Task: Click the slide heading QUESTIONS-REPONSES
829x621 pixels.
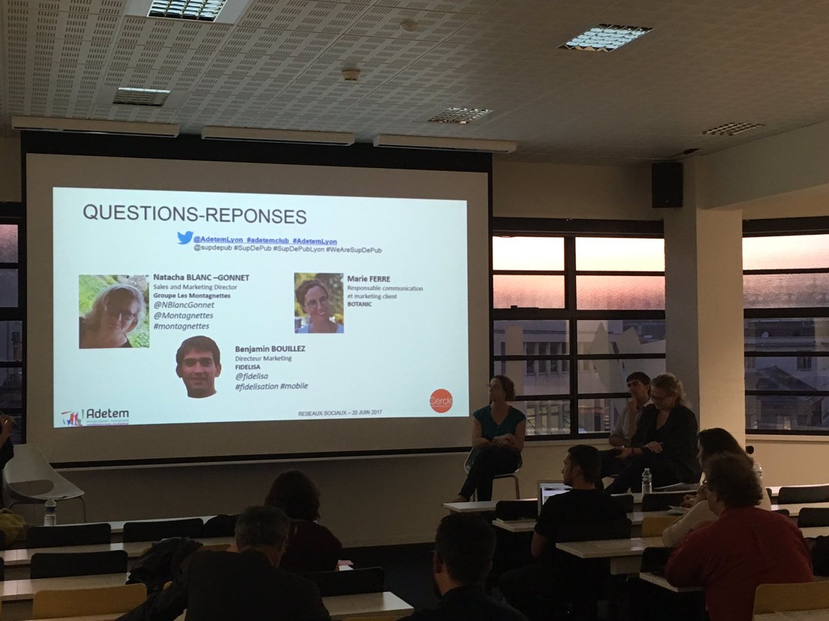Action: [194, 213]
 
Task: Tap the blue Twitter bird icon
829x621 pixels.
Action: [184, 237]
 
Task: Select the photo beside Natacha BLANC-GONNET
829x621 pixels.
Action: [114, 311]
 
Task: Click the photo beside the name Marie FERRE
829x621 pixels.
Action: [318, 303]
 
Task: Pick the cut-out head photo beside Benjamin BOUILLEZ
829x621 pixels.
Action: [198, 366]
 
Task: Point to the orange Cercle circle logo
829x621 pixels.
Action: [441, 400]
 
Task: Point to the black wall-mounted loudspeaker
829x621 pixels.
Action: [667, 185]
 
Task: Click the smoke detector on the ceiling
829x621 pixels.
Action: [350, 75]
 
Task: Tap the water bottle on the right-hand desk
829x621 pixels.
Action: [646, 481]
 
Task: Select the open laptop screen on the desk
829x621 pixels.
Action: [553, 492]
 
